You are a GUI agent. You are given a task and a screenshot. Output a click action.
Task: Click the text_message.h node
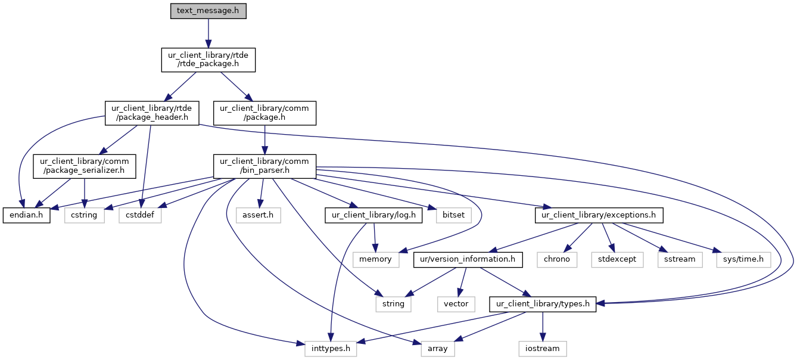click(208, 11)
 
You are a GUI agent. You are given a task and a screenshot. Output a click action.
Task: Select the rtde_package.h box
click(208, 60)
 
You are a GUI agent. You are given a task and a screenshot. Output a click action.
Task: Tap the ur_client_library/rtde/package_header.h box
click(151, 113)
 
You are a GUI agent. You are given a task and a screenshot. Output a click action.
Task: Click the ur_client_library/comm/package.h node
click(264, 113)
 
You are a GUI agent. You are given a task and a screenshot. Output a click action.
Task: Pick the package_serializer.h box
click(85, 165)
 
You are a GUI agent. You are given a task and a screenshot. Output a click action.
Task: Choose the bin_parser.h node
click(264, 165)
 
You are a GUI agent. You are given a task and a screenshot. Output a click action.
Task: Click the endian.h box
click(26, 215)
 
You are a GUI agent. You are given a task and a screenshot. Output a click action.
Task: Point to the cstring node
click(83, 215)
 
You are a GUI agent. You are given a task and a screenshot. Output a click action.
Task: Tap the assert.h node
click(258, 215)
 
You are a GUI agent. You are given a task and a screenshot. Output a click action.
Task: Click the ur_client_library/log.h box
click(373, 215)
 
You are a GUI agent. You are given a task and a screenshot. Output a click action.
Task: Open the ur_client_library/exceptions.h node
click(599, 215)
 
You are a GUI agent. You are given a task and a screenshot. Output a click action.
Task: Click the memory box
click(375, 259)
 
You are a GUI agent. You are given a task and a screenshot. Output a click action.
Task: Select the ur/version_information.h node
click(468, 259)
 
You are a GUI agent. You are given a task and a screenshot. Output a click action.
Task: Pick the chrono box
click(556, 259)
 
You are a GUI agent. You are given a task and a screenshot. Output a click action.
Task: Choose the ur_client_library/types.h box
click(542, 304)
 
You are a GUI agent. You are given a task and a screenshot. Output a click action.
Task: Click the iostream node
click(542, 349)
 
